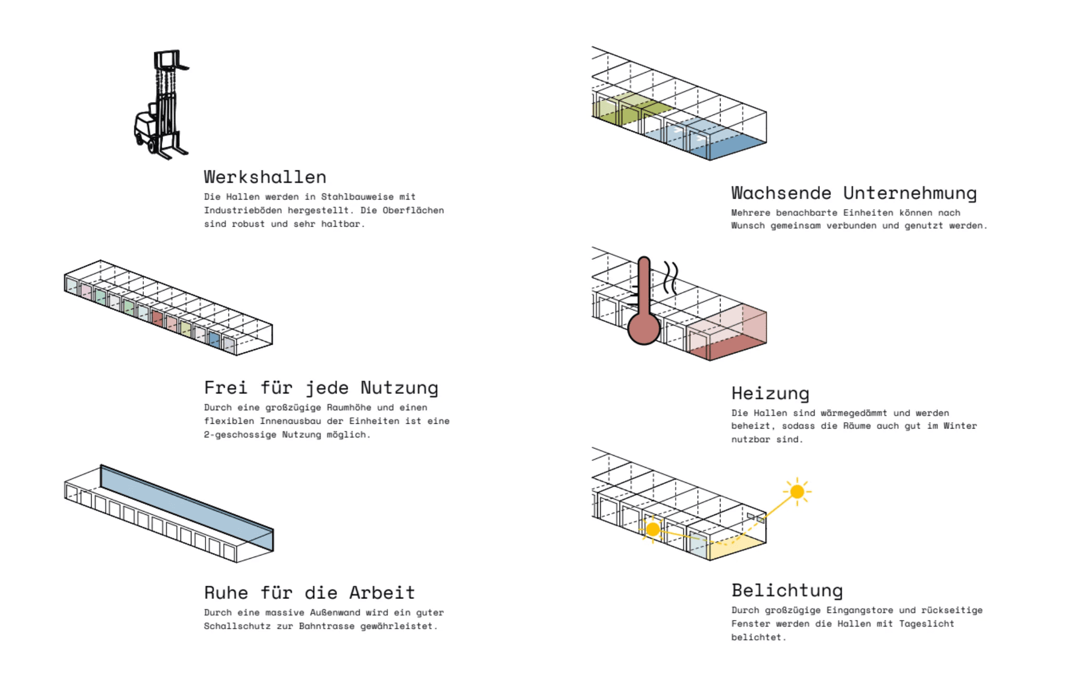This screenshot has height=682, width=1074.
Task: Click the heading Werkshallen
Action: tap(265, 177)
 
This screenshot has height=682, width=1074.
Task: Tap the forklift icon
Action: tap(162, 105)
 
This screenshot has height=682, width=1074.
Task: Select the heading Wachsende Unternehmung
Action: tap(854, 193)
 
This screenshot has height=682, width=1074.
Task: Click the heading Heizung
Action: tap(770, 393)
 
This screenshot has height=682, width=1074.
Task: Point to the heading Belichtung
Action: tap(787, 591)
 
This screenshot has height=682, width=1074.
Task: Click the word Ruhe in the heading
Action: tap(226, 593)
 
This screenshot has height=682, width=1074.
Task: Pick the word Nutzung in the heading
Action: tap(399, 388)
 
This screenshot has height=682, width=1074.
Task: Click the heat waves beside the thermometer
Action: tap(671, 278)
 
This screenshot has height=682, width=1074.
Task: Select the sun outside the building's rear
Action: tap(797, 492)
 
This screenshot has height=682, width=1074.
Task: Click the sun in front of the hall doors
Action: tap(653, 529)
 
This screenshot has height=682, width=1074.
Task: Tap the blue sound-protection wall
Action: tap(187, 508)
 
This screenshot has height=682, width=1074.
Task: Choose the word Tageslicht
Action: tap(927, 624)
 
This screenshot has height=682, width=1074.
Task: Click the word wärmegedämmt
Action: tap(853, 413)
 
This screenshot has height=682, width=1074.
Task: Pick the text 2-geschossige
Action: tap(240, 435)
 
